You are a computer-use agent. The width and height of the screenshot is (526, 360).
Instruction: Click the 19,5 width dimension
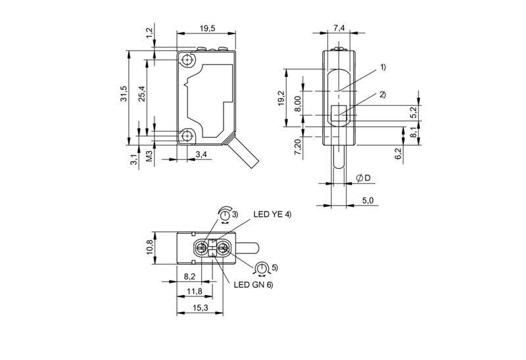206,28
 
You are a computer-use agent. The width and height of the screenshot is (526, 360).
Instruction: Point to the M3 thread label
149,156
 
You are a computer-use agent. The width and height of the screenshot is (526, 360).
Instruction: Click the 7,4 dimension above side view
339,28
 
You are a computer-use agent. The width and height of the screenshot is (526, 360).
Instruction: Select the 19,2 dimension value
281,98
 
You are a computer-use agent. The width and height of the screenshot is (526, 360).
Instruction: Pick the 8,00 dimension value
297,104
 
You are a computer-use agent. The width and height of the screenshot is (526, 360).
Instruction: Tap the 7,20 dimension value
297,146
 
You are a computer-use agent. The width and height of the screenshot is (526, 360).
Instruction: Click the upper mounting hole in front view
189,60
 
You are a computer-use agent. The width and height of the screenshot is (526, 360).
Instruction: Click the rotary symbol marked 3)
226,215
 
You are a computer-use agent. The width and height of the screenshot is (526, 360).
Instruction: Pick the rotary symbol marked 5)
263,268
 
